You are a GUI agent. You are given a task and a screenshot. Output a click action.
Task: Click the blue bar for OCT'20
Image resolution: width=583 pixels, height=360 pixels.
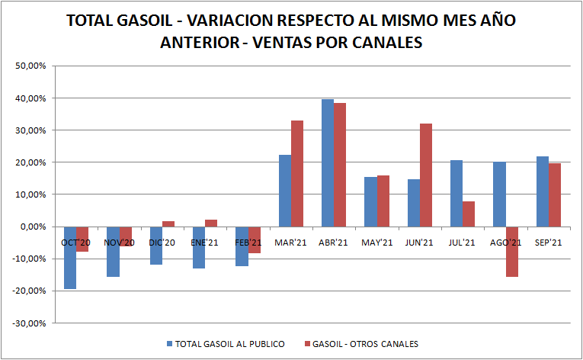pyautogui.click(x=69, y=257)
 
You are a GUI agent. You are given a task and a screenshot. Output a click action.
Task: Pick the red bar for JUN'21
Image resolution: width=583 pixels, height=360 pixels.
pyautogui.click(x=426, y=175)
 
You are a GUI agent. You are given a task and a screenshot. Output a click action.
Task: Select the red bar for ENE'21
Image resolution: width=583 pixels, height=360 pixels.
pyautogui.click(x=211, y=223)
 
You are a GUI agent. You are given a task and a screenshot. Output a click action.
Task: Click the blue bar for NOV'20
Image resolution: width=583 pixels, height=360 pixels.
pyautogui.click(x=112, y=251)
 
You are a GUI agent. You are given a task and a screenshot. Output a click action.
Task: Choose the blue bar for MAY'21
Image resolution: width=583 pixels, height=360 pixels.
pyautogui.click(x=370, y=201)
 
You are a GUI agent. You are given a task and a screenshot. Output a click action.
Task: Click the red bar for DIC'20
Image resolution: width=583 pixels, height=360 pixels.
pyautogui.click(x=168, y=223)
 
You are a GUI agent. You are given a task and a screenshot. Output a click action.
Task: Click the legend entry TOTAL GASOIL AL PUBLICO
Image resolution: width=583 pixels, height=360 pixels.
pyautogui.click(x=229, y=344)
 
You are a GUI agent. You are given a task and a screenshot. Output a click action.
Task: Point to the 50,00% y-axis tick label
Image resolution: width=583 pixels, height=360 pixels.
pyautogui.click(x=31, y=66)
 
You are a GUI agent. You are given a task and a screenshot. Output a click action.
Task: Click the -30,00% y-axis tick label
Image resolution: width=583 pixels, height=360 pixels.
pyautogui.click(x=30, y=323)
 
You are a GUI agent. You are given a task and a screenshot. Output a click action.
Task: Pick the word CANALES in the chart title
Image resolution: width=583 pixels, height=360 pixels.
pyautogui.click(x=389, y=43)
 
